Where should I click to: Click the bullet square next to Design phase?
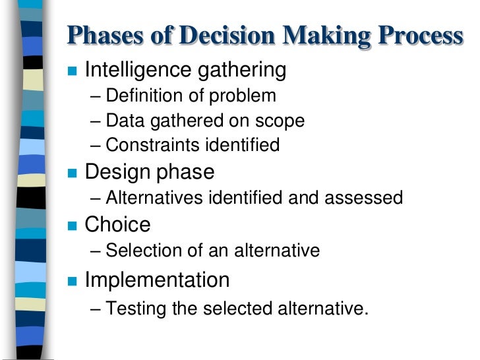point(73,173)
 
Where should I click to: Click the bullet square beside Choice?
point(73,226)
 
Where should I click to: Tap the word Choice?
point(118,225)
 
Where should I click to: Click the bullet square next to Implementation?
point(73,282)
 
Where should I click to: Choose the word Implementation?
point(158,280)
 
